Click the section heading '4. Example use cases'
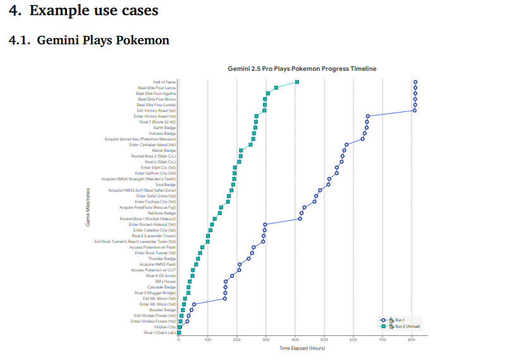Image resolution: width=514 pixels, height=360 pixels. (x=83, y=11)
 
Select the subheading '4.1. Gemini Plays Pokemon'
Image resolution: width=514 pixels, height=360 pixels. (x=89, y=40)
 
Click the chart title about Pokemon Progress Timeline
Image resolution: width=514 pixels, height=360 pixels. (x=302, y=68)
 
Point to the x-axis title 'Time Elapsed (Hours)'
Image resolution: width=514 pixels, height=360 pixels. (x=302, y=349)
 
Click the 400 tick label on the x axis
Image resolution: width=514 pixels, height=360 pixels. (x=295, y=340)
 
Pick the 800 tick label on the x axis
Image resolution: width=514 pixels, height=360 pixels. (x=412, y=340)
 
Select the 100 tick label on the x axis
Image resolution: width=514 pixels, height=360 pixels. (x=207, y=340)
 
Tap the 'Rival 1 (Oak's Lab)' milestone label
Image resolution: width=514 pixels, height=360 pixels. (x=160, y=332)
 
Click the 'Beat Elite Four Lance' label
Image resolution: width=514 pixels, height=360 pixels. (x=157, y=88)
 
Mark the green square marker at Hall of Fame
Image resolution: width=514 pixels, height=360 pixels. (x=297, y=82)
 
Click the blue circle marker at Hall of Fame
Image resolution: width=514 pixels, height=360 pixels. (x=415, y=82)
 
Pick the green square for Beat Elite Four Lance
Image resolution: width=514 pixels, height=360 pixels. (x=276, y=88)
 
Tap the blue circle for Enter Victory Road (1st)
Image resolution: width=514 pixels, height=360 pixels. (x=368, y=116)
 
